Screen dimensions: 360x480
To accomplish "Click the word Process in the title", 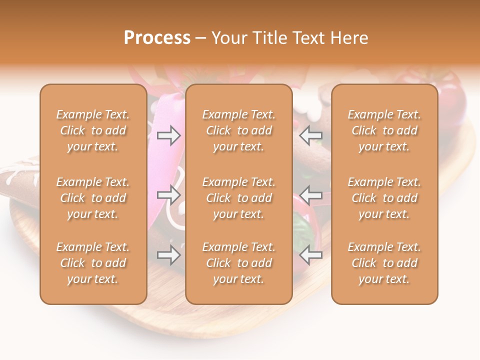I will [x=157, y=38].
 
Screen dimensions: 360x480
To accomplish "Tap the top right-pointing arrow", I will [x=169, y=135].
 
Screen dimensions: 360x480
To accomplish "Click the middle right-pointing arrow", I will [x=169, y=195].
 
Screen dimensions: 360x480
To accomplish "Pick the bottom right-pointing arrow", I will [x=169, y=255].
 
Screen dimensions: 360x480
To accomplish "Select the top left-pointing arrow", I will [x=310, y=135].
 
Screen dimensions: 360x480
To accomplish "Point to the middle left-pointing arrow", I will [x=310, y=195].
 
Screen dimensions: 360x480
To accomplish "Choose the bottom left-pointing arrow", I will [x=310, y=255].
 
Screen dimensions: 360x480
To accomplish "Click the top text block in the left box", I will [x=93, y=130].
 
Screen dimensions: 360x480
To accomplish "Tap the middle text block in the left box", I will [x=93, y=198].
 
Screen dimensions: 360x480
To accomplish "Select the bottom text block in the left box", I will [x=93, y=263].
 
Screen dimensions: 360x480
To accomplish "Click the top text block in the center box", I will [x=238, y=130].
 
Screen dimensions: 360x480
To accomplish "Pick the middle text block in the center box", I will [x=238, y=198].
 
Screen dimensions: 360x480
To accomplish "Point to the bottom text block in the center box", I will [x=238, y=263].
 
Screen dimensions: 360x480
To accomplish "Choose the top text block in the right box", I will [x=384, y=130].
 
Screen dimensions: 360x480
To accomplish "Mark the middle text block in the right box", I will [x=384, y=198].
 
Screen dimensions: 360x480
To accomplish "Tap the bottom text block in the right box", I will [x=384, y=263].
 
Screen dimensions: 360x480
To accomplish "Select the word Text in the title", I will [x=308, y=38].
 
